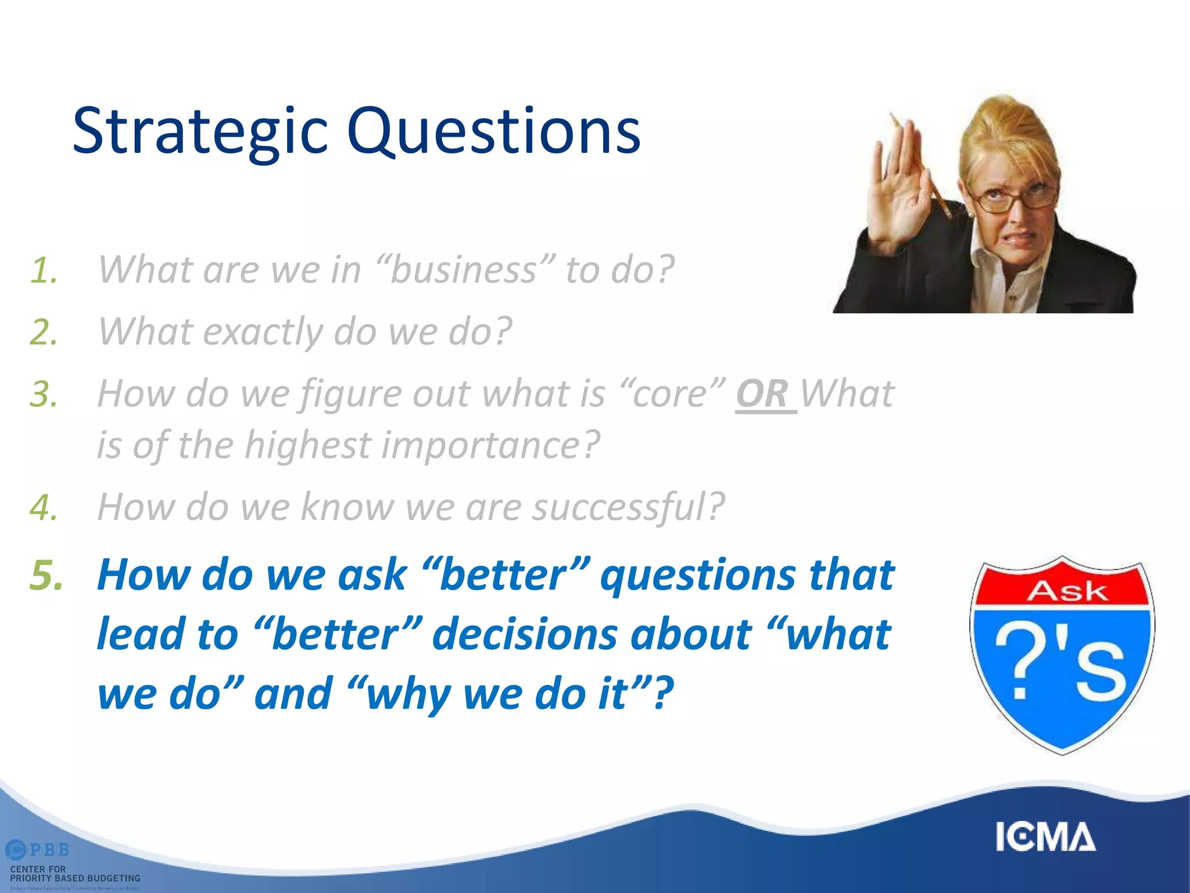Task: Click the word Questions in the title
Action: point(494,133)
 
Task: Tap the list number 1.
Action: point(44,271)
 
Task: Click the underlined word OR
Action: point(762,394)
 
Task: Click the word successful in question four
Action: point(628,507)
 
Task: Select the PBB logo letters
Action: point(49,850)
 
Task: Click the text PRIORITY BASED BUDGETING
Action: point(76,878)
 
